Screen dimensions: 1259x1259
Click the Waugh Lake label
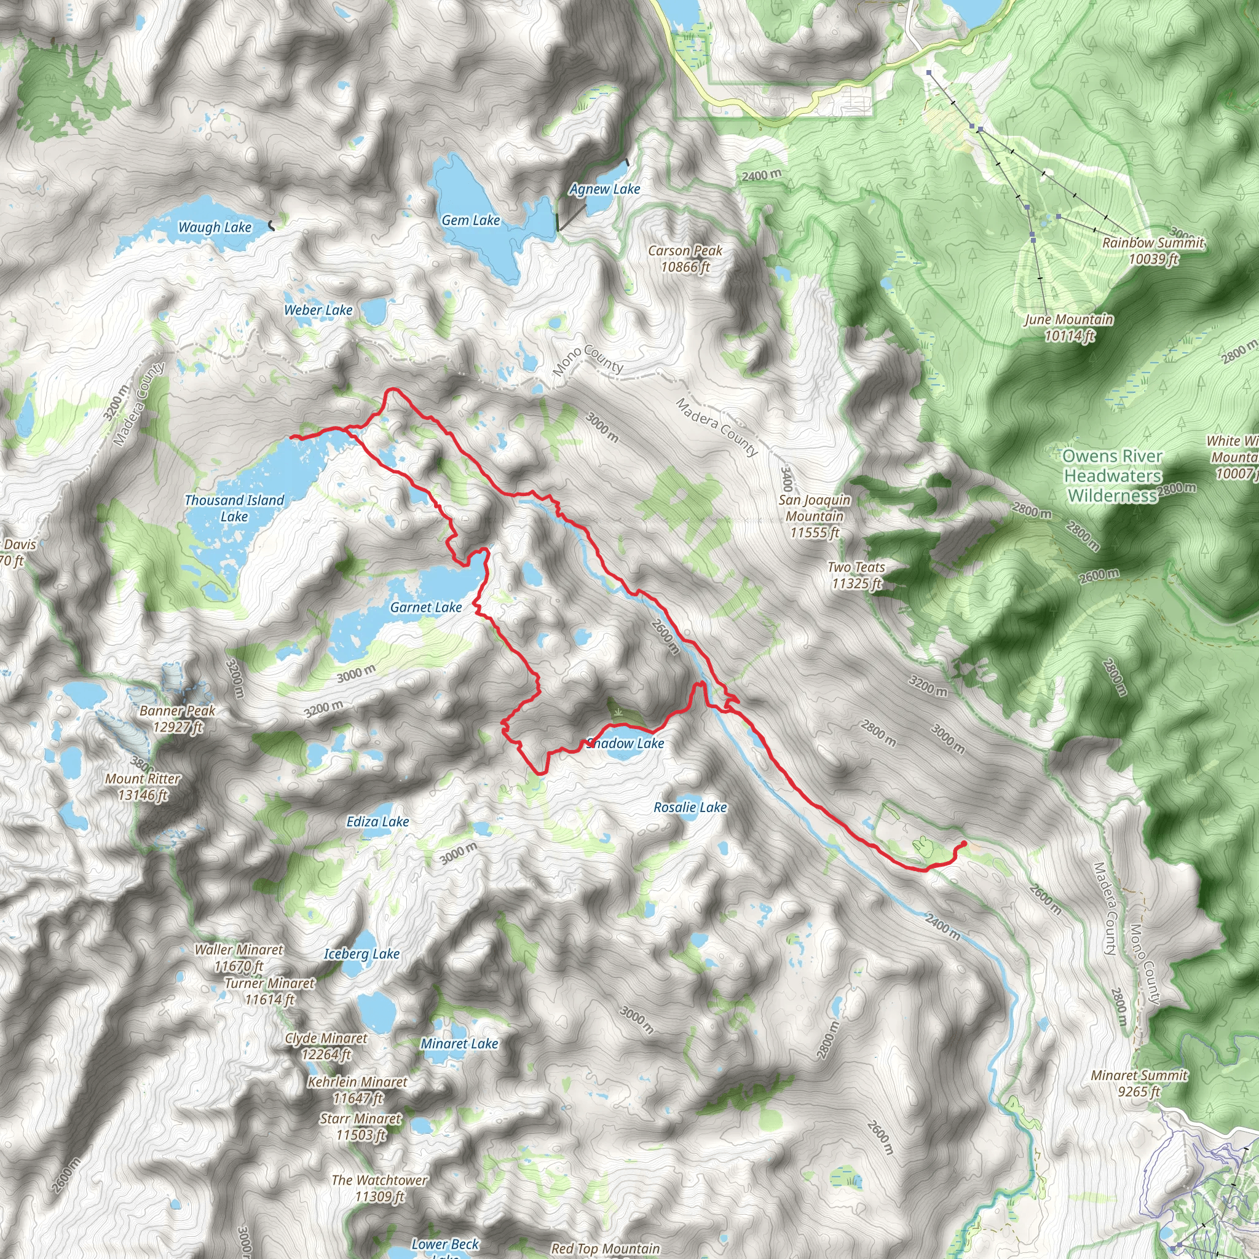pyautogui.click(x=215, y=227)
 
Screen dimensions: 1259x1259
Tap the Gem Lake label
pyautogui.click(x=470, y=220)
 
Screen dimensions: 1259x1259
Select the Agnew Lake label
pyautogui.click(x=605, y=189)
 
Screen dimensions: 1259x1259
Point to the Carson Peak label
pyautogui.click(x=685, y=259)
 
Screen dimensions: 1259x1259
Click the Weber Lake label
pyautogui.click(x=318, y=310)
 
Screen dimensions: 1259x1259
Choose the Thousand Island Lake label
pyautogui.click(x=234, y=508)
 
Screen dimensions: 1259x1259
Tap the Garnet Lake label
pyautogui.click(x=425, y=607)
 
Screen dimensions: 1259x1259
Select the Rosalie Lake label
pyautogui.click(x=690, y=807)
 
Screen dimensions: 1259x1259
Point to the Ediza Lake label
pyautogui.click(x=377, y=822)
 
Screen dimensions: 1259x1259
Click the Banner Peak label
pyautogui.click(x=177, y=719)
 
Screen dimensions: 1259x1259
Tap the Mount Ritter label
pyautogui.click(x=143, y=786)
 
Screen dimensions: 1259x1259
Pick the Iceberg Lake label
pyautogui.click(x=361, y=954)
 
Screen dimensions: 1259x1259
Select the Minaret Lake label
pyautogui.click(x=459, y=1043)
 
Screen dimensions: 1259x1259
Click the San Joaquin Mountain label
pyautogui.click(x=815, y=516)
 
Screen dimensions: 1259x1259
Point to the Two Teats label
pyautogui.click(x=856, y=575)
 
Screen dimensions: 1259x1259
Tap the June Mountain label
pyautogui.click(x=1068, y=327)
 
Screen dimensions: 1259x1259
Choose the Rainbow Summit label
pyautogui.click(x=1153, y=251)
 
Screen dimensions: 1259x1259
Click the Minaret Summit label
pyautogui.click(x=1139, y=1083)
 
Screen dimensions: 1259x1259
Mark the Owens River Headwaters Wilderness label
pyautogui.click(x=1112, y=476)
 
